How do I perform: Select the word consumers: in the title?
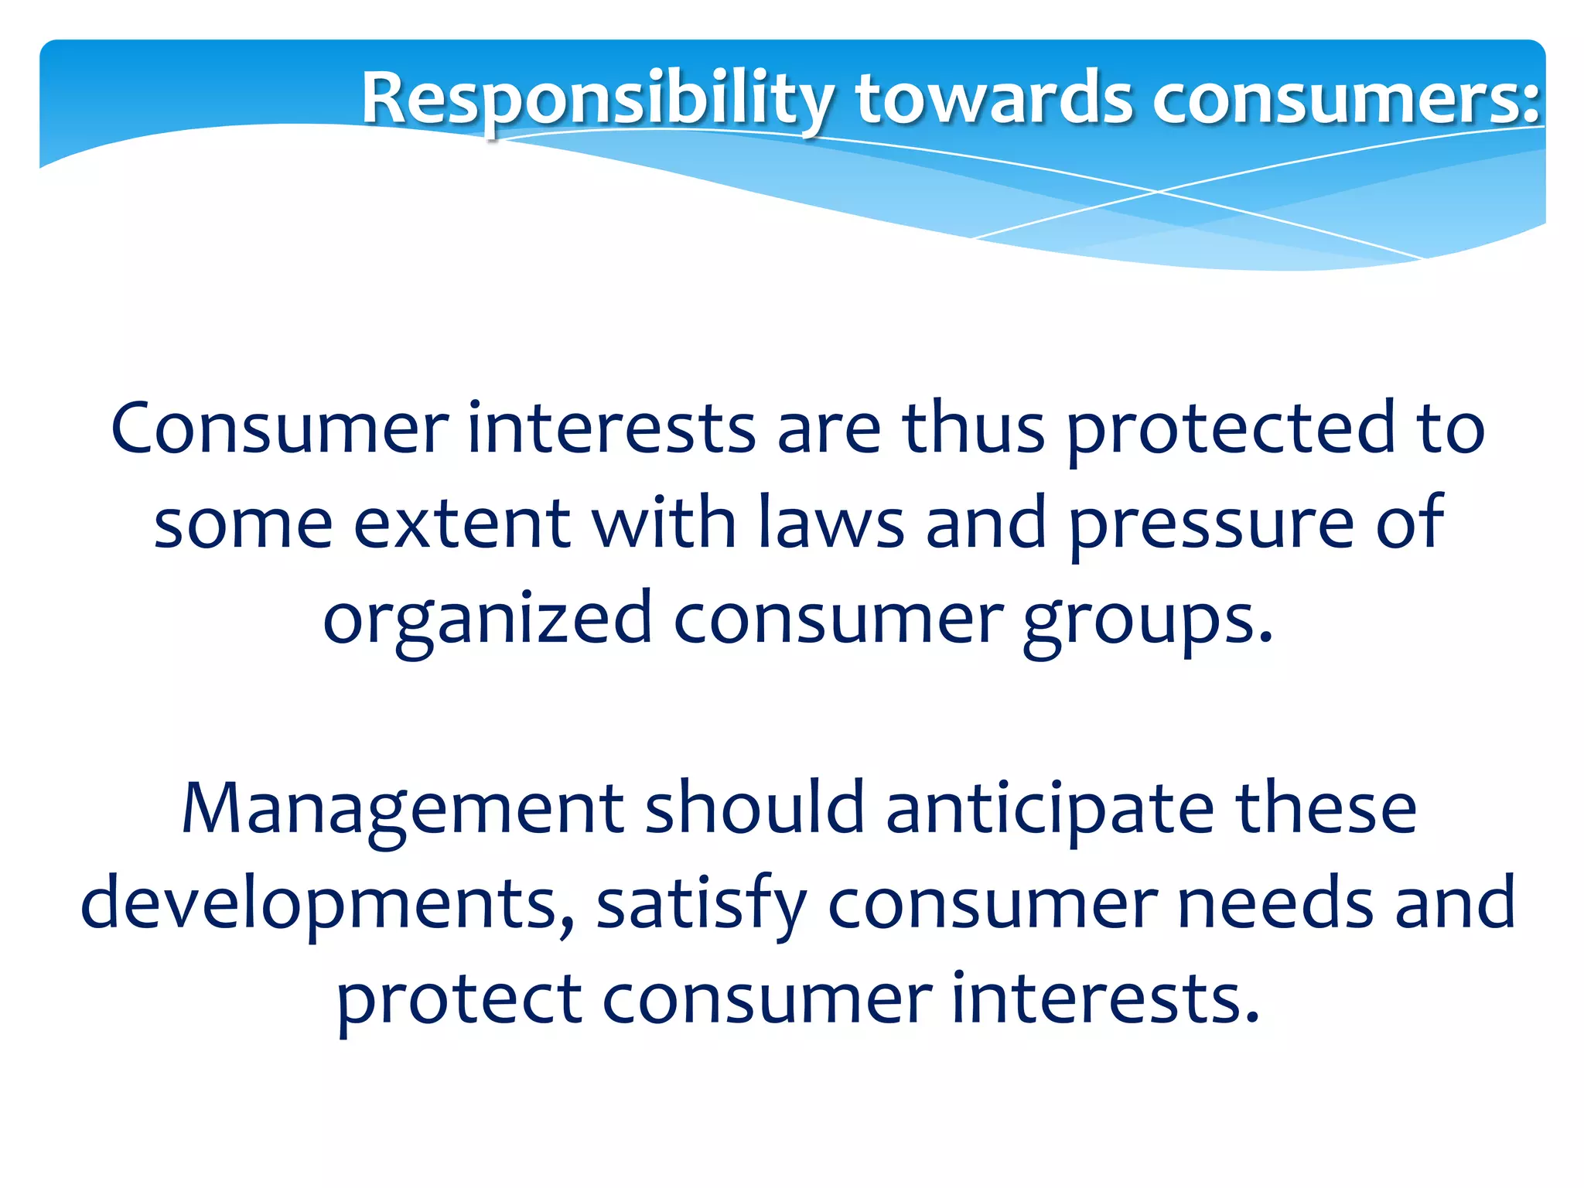click(1346, 99)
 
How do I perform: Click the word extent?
click(463, 524)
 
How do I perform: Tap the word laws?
click(831, 524)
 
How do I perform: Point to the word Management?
click(402, 809)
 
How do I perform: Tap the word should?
click(754, 807)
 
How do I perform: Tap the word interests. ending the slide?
click(1106, 998)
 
